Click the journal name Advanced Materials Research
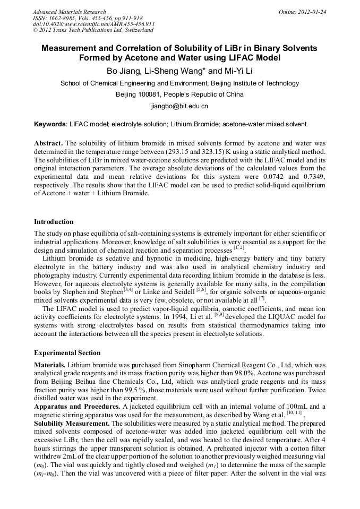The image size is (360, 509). (x=69, y=12)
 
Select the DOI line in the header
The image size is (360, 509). (x=93, y=24)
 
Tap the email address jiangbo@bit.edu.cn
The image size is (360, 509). (x=179, y=106)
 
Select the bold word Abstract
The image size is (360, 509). (x=49, y=143)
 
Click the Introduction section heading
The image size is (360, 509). (x=54, y=221)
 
